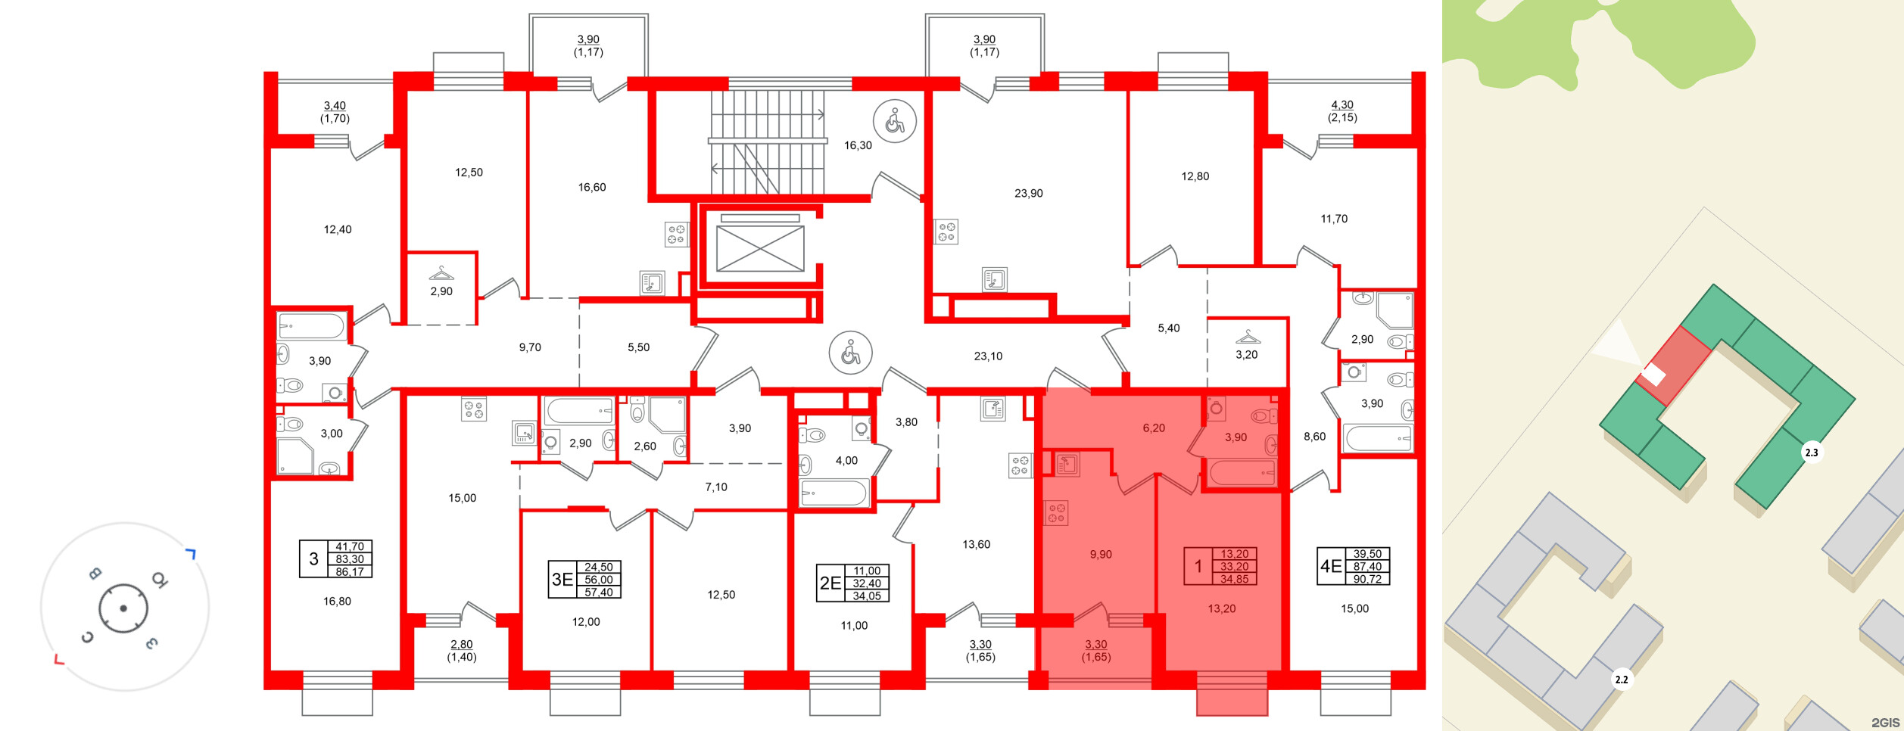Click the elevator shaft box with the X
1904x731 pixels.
tap(760, 249)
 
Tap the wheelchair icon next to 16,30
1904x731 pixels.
tap(895, 120)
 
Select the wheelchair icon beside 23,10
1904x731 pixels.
tap(851, 353)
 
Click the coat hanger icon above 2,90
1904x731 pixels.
tap(441, 273)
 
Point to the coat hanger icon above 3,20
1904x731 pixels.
tap(1248, 336)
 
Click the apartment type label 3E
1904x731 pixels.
tap(562, 580)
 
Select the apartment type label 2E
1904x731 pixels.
tap(830, 583)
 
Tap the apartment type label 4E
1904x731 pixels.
tap(1331, 566)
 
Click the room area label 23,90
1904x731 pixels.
tap(1029, 193)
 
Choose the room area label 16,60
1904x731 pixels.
tap(592, 187)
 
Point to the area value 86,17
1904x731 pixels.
tap(350, 572)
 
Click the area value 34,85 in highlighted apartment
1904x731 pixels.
tap(1234, 579)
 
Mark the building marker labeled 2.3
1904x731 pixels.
tap(1811, 453)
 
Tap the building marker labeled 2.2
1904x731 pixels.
tap(1622, 680)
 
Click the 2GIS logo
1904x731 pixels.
tap(1885, 723)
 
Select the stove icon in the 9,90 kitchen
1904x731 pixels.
tap(1056, 512)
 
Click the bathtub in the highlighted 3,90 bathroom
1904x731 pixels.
tap(1242, 473)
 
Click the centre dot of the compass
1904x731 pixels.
tap(123, 608)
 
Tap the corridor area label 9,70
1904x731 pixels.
tap(530, 347)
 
